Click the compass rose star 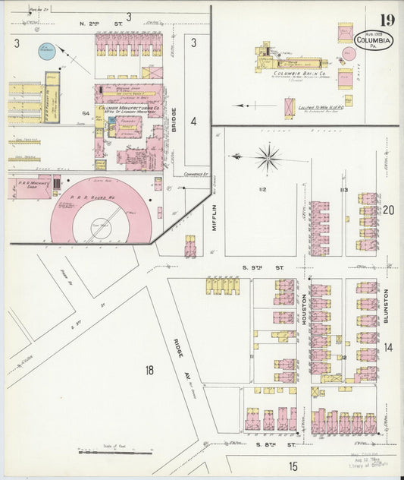268,158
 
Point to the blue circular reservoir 46,52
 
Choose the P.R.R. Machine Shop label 28,187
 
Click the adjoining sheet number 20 389,210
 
